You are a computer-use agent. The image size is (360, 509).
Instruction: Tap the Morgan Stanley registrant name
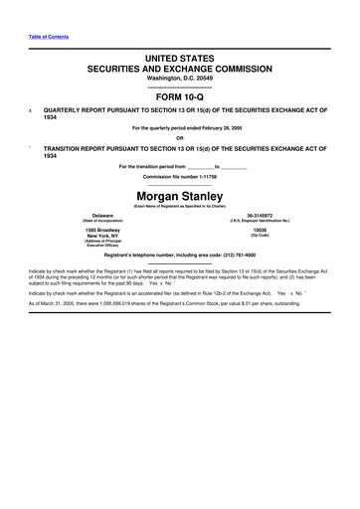[180, 196]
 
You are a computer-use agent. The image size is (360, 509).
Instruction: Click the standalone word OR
[180, 137]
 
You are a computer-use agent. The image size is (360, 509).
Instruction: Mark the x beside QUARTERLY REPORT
[30, 109]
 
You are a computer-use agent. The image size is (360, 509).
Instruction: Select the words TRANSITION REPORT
[87, 148]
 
